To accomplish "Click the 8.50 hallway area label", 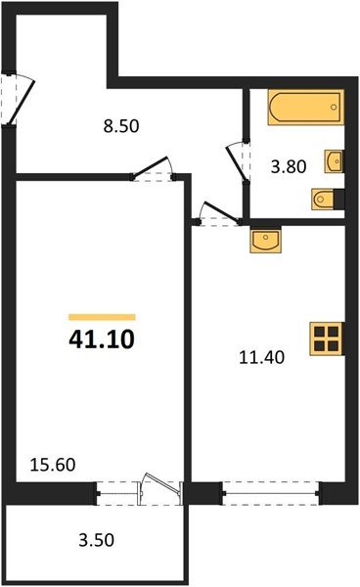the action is pos(121,126).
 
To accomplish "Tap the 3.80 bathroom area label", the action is pos(289,166).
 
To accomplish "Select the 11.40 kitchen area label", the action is pos(261,357).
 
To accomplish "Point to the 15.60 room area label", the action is pos(53,465).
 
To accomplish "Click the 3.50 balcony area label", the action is pos(96,540).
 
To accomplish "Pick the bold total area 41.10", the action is pos(102,339).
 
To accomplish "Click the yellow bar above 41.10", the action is pos(102,317).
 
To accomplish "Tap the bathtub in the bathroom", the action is pos(306,107).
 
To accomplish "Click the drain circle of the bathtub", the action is pos(334,108).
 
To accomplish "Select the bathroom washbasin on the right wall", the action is pos(334,161).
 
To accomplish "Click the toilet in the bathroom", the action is pos(323,200).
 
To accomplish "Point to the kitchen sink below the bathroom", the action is pos(266,240).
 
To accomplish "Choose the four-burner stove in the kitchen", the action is pos(326,339).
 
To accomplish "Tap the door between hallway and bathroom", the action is pos(237,162).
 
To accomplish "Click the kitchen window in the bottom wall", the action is pos(271,493).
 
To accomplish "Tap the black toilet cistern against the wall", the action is pos(339,200).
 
